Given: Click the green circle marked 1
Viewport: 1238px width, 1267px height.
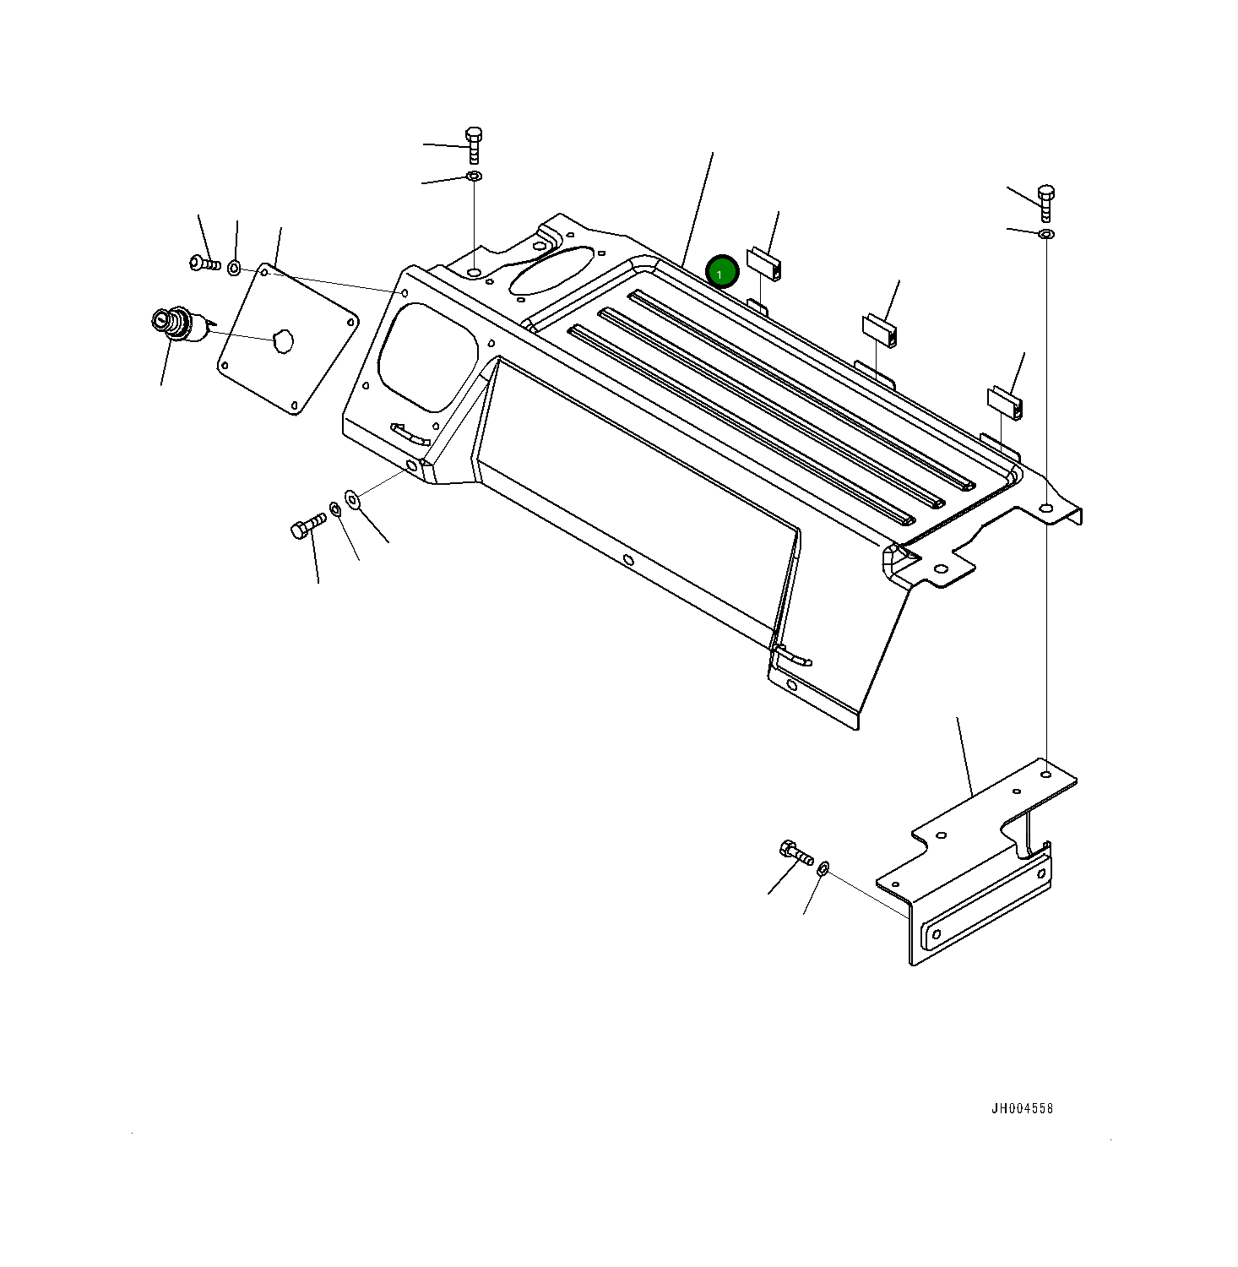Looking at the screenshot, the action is tap(722, 272).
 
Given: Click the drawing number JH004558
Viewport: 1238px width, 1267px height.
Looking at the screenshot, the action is tap(1022, 1108).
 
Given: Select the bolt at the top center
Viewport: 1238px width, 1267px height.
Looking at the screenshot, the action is tap(473, 145).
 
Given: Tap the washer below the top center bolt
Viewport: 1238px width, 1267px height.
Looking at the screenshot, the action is tap(474, 176).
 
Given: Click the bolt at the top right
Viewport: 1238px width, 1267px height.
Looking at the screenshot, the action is tap(1045, 203).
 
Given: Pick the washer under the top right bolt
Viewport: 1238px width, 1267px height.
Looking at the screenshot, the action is tap(1045, 233).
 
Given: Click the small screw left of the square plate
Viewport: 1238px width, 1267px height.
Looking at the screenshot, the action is tap(204, 264).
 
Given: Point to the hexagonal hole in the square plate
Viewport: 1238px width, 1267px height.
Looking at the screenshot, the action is tap(282, 341).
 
